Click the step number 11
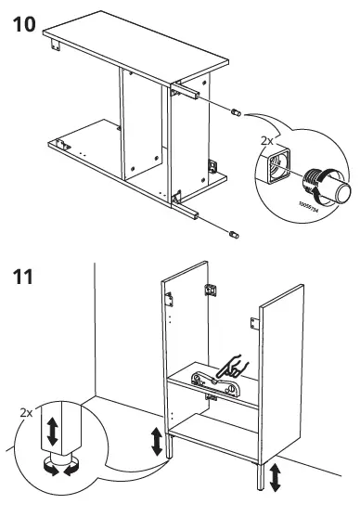[23, 276]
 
